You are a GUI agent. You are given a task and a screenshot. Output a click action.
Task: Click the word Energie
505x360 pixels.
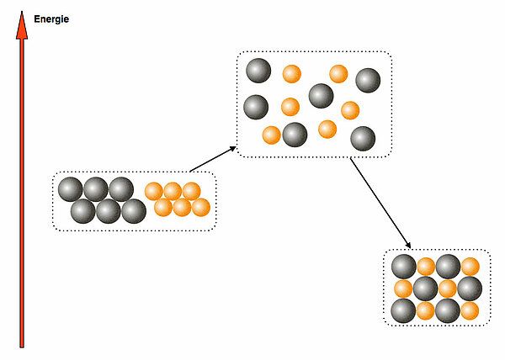(51, 19)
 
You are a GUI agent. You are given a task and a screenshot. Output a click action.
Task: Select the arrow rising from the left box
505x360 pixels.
(213, 159)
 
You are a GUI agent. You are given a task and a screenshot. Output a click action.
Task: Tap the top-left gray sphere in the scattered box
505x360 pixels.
(258, 71)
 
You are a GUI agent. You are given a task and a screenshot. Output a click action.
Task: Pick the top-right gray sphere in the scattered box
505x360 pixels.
(368, 81)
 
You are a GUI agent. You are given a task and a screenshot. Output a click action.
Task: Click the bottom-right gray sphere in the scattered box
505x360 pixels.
(362, 138)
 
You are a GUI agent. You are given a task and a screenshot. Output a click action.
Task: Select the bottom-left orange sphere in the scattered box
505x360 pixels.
(271, 135)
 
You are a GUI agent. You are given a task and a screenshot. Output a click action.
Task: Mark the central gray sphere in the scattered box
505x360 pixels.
(321, 96)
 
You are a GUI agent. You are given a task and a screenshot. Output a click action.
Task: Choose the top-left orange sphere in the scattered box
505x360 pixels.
(291, 74)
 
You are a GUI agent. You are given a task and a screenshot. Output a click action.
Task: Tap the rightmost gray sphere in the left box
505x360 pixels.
(134, 211)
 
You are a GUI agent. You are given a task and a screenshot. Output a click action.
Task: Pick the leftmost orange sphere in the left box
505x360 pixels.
(154, 191)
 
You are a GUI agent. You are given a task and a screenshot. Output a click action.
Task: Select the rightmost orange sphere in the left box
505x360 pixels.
(200, 207)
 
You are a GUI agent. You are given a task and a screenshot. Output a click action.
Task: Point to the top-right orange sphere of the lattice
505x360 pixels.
(470, 267)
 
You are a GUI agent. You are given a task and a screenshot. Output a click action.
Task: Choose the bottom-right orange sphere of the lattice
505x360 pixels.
(470, 310)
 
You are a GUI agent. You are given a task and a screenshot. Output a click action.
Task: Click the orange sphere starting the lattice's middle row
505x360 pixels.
(404, 289)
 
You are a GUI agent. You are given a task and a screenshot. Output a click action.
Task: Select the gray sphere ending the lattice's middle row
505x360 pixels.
(470, 289)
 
